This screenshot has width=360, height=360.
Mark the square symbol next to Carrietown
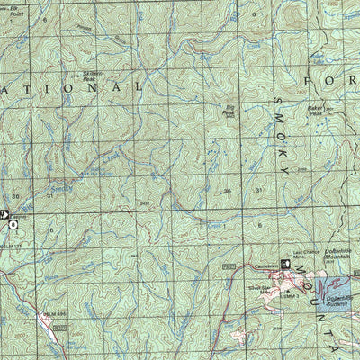click(287, 265)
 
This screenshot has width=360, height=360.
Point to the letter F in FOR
click(310, 82)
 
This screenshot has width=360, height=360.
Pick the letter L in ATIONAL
click(139, 87)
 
